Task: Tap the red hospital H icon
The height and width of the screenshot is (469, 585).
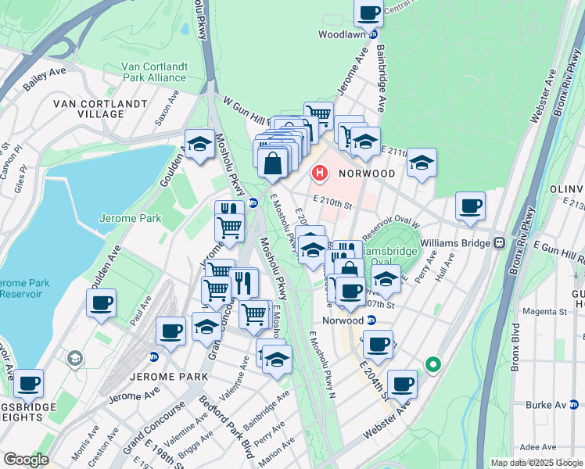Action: coord(319,172)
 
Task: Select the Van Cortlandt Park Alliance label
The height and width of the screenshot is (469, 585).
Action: coord(154,72)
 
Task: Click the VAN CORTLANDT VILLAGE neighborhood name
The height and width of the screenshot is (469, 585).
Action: coord(99,109)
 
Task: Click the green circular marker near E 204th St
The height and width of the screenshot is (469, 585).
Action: coord(432,364)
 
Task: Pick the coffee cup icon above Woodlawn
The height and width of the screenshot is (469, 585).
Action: coord(368,13)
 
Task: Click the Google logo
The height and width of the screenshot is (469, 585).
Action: coord(26,460)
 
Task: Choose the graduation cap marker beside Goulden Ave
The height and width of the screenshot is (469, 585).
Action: coord(199,144)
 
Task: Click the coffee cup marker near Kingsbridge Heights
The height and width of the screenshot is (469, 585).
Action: coord(29,383)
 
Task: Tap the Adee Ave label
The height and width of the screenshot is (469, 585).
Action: coord(537,446)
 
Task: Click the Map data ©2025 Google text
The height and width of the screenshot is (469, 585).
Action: coord(536,463)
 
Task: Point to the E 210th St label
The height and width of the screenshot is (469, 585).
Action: coord(334,204)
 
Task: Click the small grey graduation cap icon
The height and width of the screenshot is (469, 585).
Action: coord(75,358)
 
